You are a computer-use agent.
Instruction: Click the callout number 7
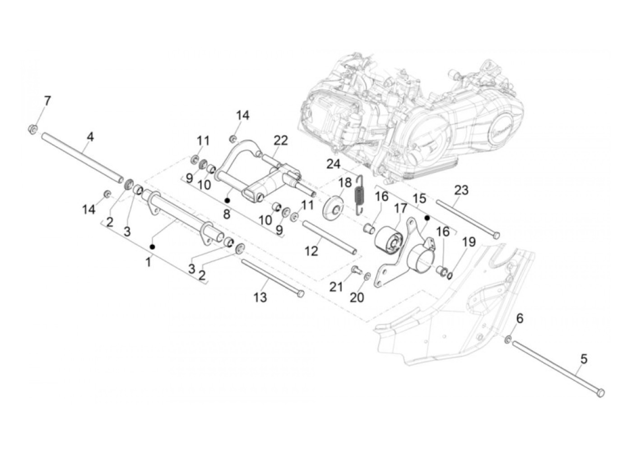[47, 100]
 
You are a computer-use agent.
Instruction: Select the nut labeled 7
[33, 130]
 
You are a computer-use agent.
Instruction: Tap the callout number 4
[90, 136]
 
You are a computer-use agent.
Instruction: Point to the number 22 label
[280, 140]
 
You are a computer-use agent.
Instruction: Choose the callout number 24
[334, 164]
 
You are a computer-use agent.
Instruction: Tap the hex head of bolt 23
[496, 235]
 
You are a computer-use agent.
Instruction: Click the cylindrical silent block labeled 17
[388, 239]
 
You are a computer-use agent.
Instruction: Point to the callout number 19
[469, 242]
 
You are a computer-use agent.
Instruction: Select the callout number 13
[260, 297]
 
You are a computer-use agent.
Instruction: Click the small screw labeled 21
[355, 270]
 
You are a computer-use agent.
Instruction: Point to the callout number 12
[311, 251]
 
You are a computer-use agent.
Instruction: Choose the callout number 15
[419, 198]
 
